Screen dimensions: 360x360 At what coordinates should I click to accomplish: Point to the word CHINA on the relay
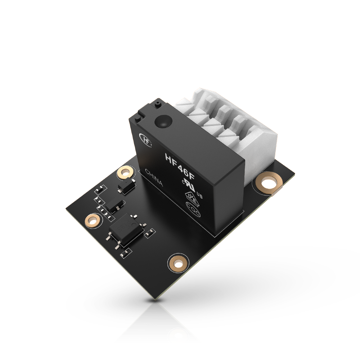point(154,178)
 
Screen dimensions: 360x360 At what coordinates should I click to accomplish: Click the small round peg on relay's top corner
point(157,104)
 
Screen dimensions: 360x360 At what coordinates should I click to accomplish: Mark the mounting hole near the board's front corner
point(178,263)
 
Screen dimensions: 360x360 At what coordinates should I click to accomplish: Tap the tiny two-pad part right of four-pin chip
point(148,233)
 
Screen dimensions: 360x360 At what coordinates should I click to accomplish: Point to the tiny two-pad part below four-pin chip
point(124,254)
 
